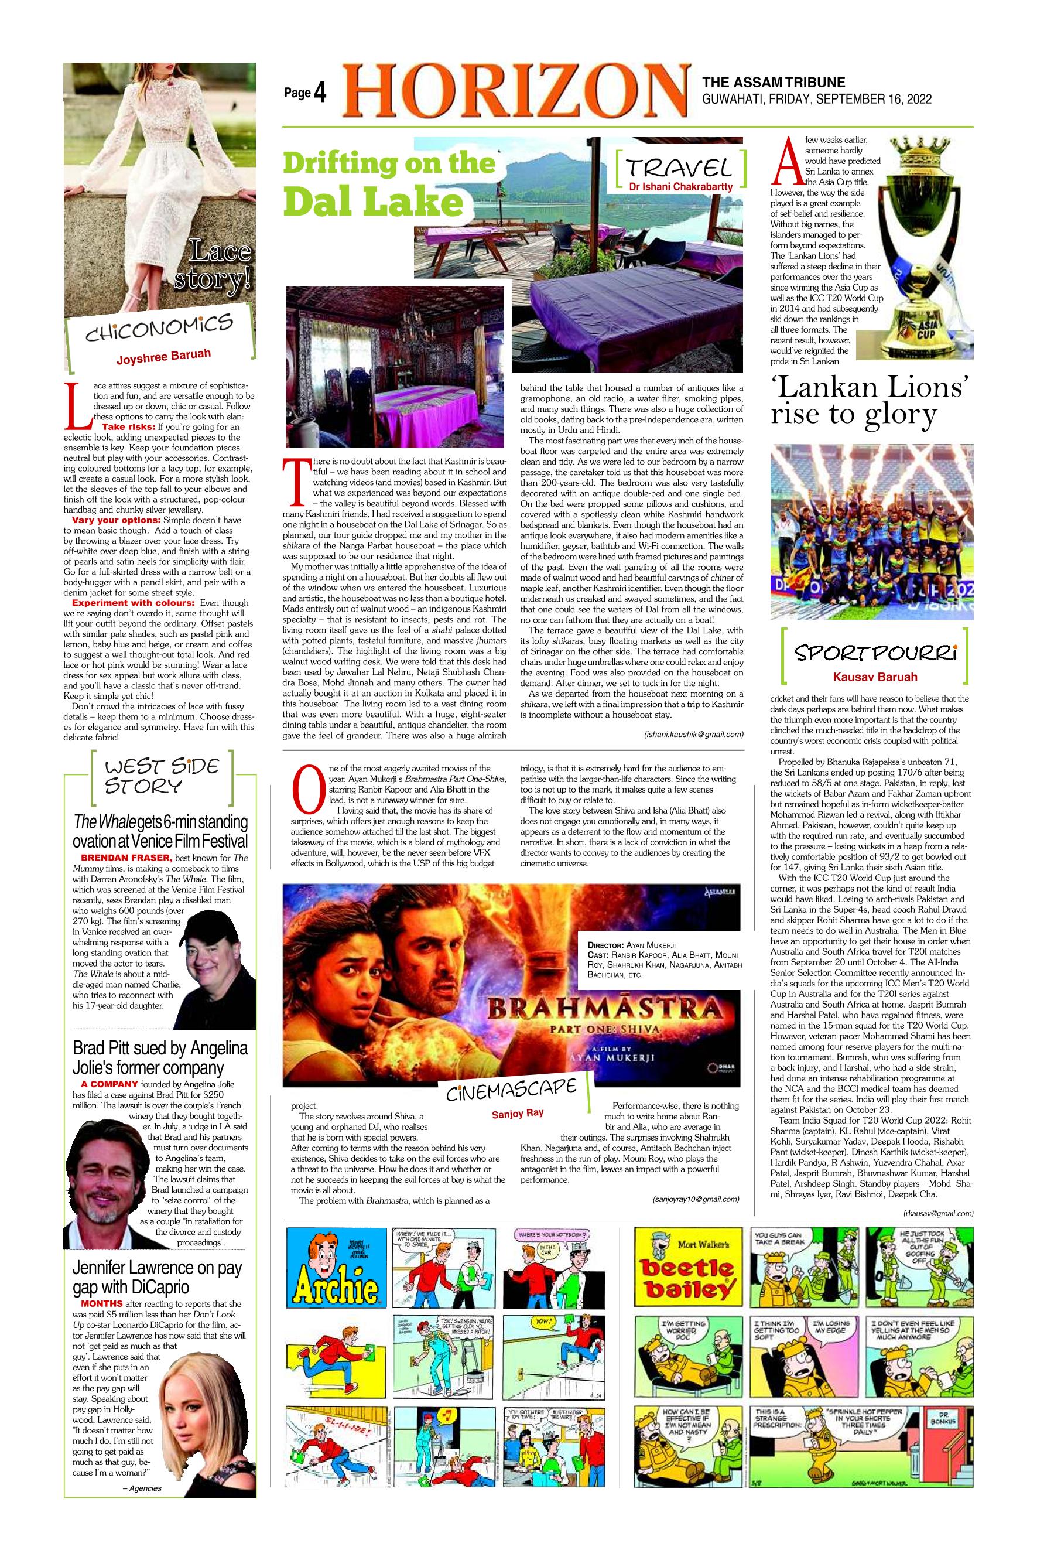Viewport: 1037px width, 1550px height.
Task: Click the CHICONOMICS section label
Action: point(159,328)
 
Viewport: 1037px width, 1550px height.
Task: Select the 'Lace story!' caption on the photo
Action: point(213,267)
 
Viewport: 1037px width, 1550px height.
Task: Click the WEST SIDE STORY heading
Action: point(162,776)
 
